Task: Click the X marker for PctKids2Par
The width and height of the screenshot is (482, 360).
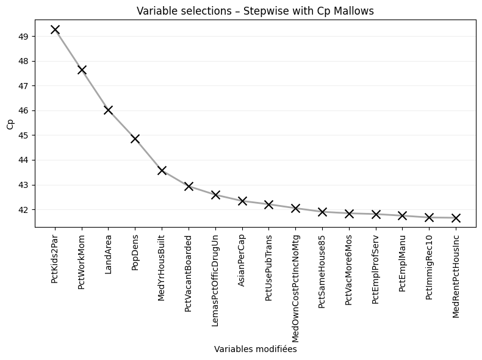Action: point(55,29)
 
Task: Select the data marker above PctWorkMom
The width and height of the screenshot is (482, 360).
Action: point(82,70)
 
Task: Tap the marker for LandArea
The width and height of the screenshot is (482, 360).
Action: point(108,110)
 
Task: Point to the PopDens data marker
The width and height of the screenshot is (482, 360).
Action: point(135,139)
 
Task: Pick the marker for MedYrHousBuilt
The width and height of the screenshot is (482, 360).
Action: point(162,170)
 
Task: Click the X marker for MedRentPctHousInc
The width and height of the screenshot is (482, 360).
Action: point(456,218)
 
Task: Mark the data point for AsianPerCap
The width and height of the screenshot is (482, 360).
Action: point(242,201)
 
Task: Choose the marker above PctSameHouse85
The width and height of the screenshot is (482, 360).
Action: point(322,212)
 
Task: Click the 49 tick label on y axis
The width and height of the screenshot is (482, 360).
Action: point(24,37)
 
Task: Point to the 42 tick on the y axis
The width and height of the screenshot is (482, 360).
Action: point(24,209)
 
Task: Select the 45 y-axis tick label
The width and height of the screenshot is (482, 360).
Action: point(24,135)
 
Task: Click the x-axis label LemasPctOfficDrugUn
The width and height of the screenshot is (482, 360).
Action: point(215,270)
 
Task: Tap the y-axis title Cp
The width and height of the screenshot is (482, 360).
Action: point(10,124)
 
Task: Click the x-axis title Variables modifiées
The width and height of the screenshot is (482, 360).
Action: point(255,350)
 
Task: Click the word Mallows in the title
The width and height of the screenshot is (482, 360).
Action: point(356,11)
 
